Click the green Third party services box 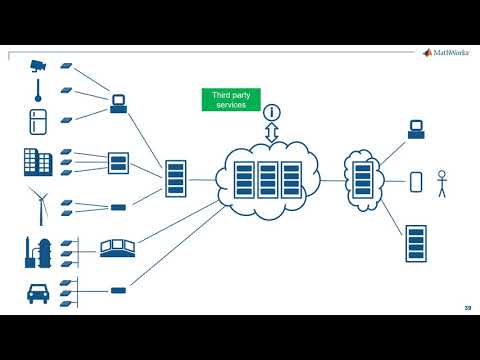[x=231, y=99]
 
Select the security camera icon [x=37, y=66]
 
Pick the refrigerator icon [x=37, y=122]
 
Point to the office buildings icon [x=37, y=162]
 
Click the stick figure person [x=441, y=183]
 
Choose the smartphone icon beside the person [x=416, y=182]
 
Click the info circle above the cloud [x=270, y=112]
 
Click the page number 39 [x=467, y=307]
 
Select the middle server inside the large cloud [x=267, y=179]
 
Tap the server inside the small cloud [x=361, y=178]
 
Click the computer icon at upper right [x=417, y=129]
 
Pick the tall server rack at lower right [x=416, y=243]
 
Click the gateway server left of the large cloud [x=175, y=178]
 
